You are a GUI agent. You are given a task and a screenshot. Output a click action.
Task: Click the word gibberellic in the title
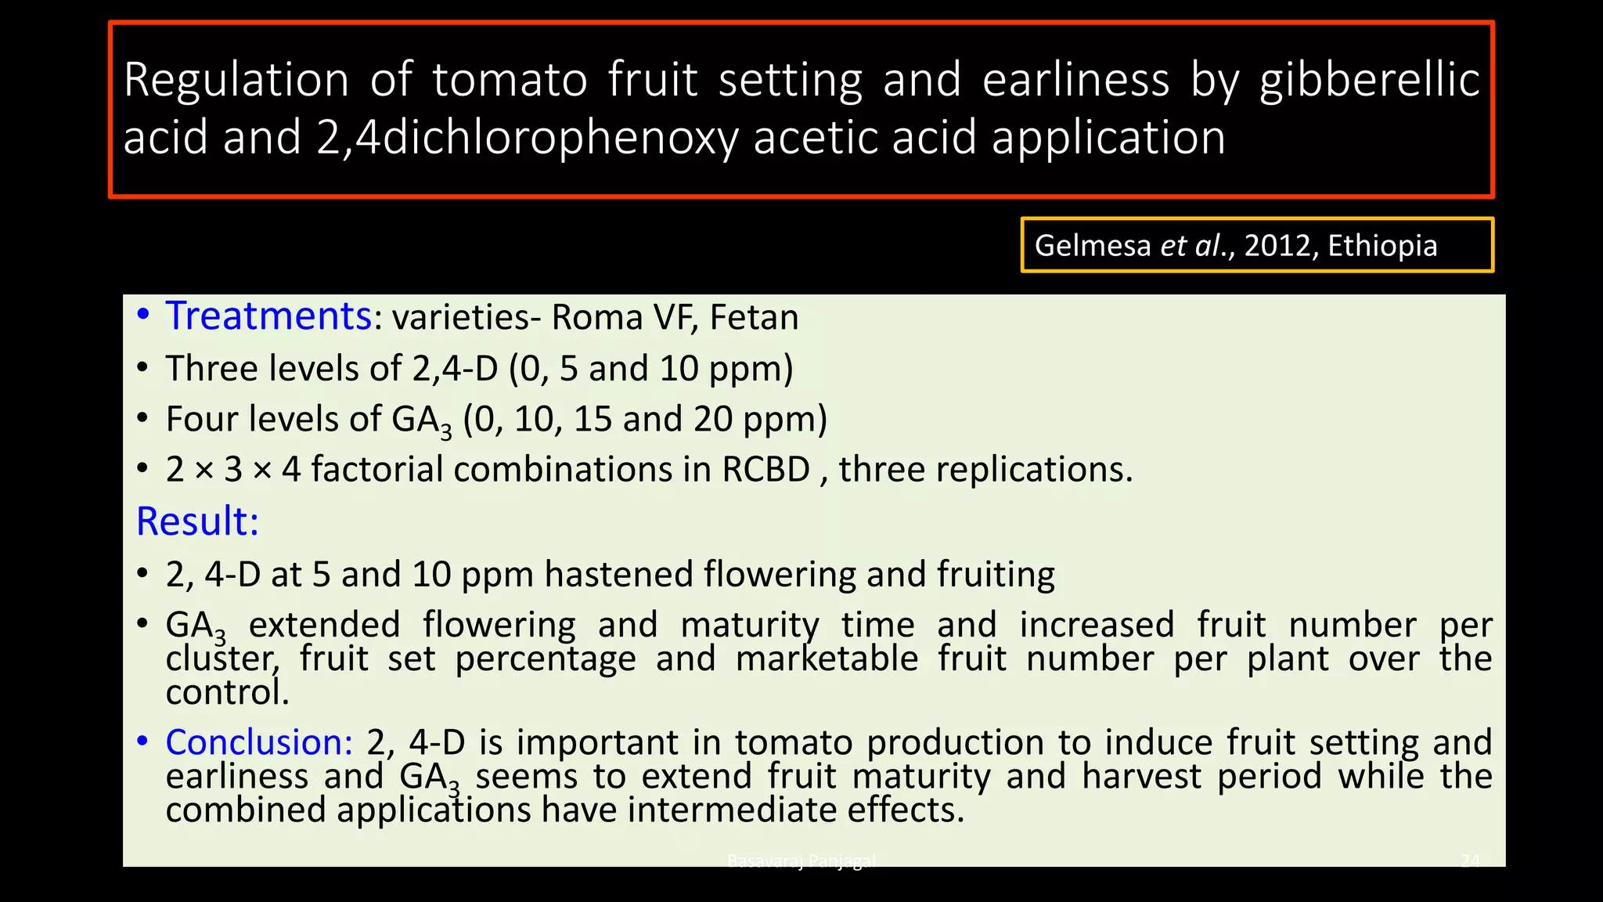pyautogui.click(x=1369, y=80)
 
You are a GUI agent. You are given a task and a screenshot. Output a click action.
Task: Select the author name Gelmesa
pyautogui.click(x=1093, y=246)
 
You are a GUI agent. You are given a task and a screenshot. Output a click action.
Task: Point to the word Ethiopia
pyautogui.click(x=1382, y=246)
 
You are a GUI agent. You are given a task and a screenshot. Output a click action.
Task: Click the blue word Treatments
pyautogui.click(x=268, y=316)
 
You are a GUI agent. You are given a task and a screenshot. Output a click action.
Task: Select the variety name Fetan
pyautogui.click(x=754, y=318)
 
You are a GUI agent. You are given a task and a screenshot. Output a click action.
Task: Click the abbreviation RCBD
pyautogui.click(x=765, y=470)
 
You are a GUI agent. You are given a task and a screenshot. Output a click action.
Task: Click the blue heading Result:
pyautogui.click(x=197, y=521)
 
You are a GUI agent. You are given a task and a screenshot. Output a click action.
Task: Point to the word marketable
pyautogui.click(x=827, y=658)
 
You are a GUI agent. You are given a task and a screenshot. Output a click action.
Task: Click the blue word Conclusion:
pyautogui.click(x=259, y=742)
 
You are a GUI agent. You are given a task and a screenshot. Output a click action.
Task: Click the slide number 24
pyautogui.click(x=1470, y=861)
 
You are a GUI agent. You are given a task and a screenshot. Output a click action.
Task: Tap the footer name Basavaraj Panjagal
pyautogui.click(x=801, y=861)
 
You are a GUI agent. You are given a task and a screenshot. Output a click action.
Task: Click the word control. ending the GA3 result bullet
pyautogui.click(x=228, y=692)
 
